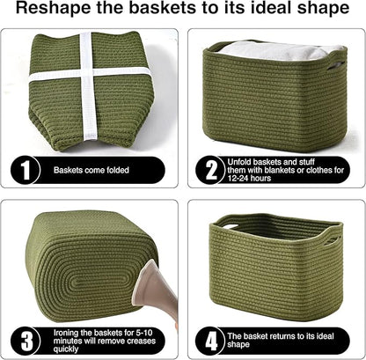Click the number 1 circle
point(26,170)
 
